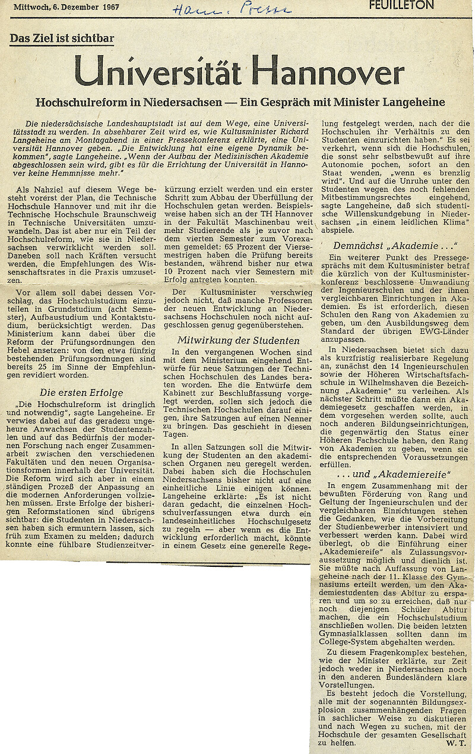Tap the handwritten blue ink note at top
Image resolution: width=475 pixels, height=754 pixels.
click(x=232, y=8)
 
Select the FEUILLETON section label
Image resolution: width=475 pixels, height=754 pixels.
click(x=401, y=5)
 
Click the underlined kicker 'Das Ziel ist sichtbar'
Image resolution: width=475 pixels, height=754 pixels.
click(x=62, y=39)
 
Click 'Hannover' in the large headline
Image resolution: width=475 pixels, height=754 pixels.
click(x=327, y=72)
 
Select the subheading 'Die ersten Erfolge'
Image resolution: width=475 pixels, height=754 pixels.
click(x=81, y=392)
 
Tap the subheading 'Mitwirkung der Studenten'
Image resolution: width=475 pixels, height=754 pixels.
click(x=238, y=340)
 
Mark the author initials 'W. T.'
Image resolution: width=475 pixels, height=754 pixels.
click(x=456, y=743)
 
